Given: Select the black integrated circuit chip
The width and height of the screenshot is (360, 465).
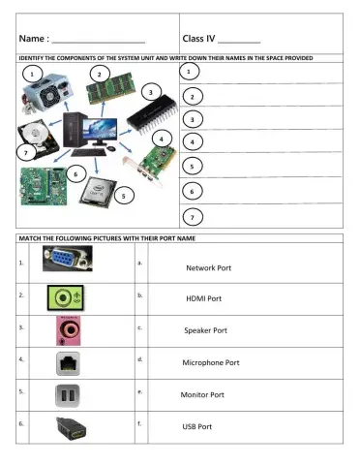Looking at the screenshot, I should click(x=149, y=115).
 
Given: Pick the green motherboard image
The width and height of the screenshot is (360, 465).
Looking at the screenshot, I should click(x=45, y=183).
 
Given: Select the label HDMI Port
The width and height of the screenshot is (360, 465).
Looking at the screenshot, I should click(x=203, y=299).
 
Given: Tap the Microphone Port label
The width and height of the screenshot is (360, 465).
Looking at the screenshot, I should click(x=211, y=362).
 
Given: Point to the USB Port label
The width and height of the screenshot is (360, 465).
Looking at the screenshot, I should click(x=197, y=426).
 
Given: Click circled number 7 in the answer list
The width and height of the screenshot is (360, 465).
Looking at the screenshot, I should click(x=195, y=216).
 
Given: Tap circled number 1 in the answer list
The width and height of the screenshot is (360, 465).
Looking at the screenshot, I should click(x=195, y=74).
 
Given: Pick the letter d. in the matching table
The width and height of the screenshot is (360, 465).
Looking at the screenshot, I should click(x=141, y=359).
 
